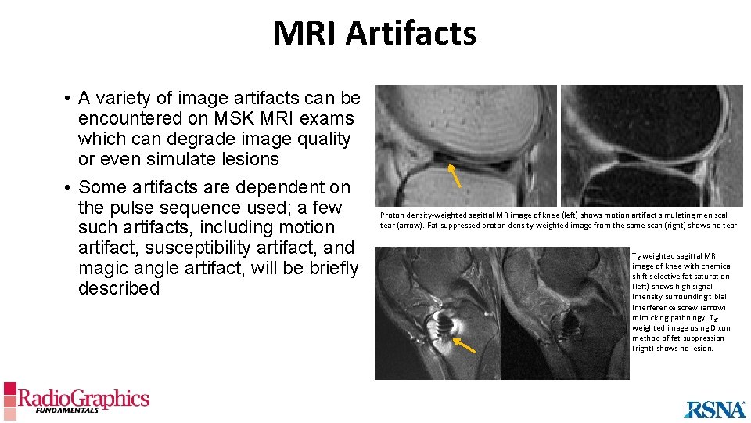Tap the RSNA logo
714,408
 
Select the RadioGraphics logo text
83,399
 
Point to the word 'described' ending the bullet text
119,288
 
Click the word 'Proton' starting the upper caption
393,215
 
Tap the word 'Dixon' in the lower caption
720,327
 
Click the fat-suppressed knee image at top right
652,146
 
